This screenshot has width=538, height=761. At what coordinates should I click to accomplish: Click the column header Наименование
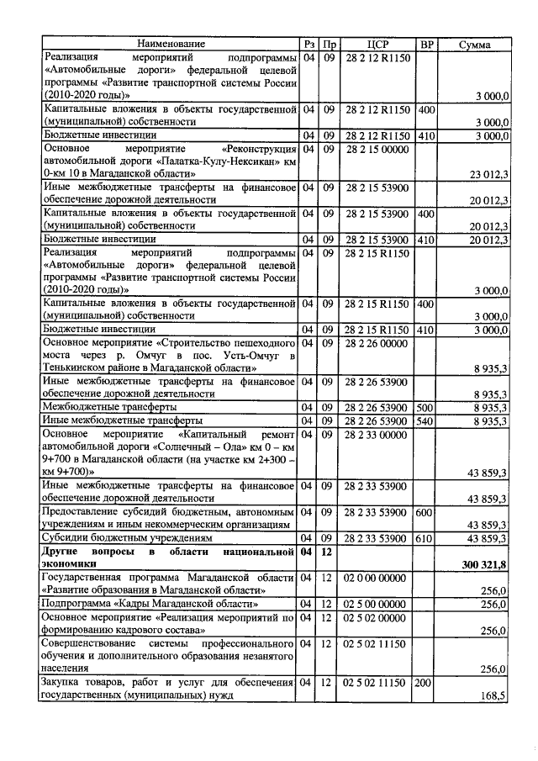click(171, 43)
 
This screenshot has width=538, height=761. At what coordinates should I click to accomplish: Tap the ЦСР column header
click(377, 43)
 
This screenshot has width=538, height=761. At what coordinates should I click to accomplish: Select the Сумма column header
click(475, 43)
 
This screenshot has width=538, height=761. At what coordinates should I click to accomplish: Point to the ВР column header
click(426, 43)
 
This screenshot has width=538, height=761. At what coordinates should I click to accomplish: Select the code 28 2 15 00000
click(376, 149)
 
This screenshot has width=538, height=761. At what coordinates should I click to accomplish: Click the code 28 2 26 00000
click(376, 344)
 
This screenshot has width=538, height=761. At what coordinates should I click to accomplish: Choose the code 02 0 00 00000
click(376, 579)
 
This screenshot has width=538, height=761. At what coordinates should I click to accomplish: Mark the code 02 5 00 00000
click(376, 604)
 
